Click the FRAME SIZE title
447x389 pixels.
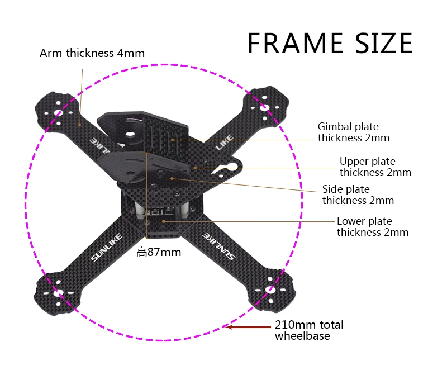[330, 44]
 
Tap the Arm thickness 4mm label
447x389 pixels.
[92, 54]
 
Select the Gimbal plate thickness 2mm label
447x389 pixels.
[353, 132]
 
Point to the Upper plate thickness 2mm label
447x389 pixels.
[375, 167]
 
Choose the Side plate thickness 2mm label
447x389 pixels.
[358, 195]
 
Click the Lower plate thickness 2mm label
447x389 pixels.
[372, 227]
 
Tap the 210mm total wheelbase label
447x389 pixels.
[309, 330]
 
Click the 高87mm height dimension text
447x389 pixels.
[159, 252]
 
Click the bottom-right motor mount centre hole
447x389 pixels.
[270, 290]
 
